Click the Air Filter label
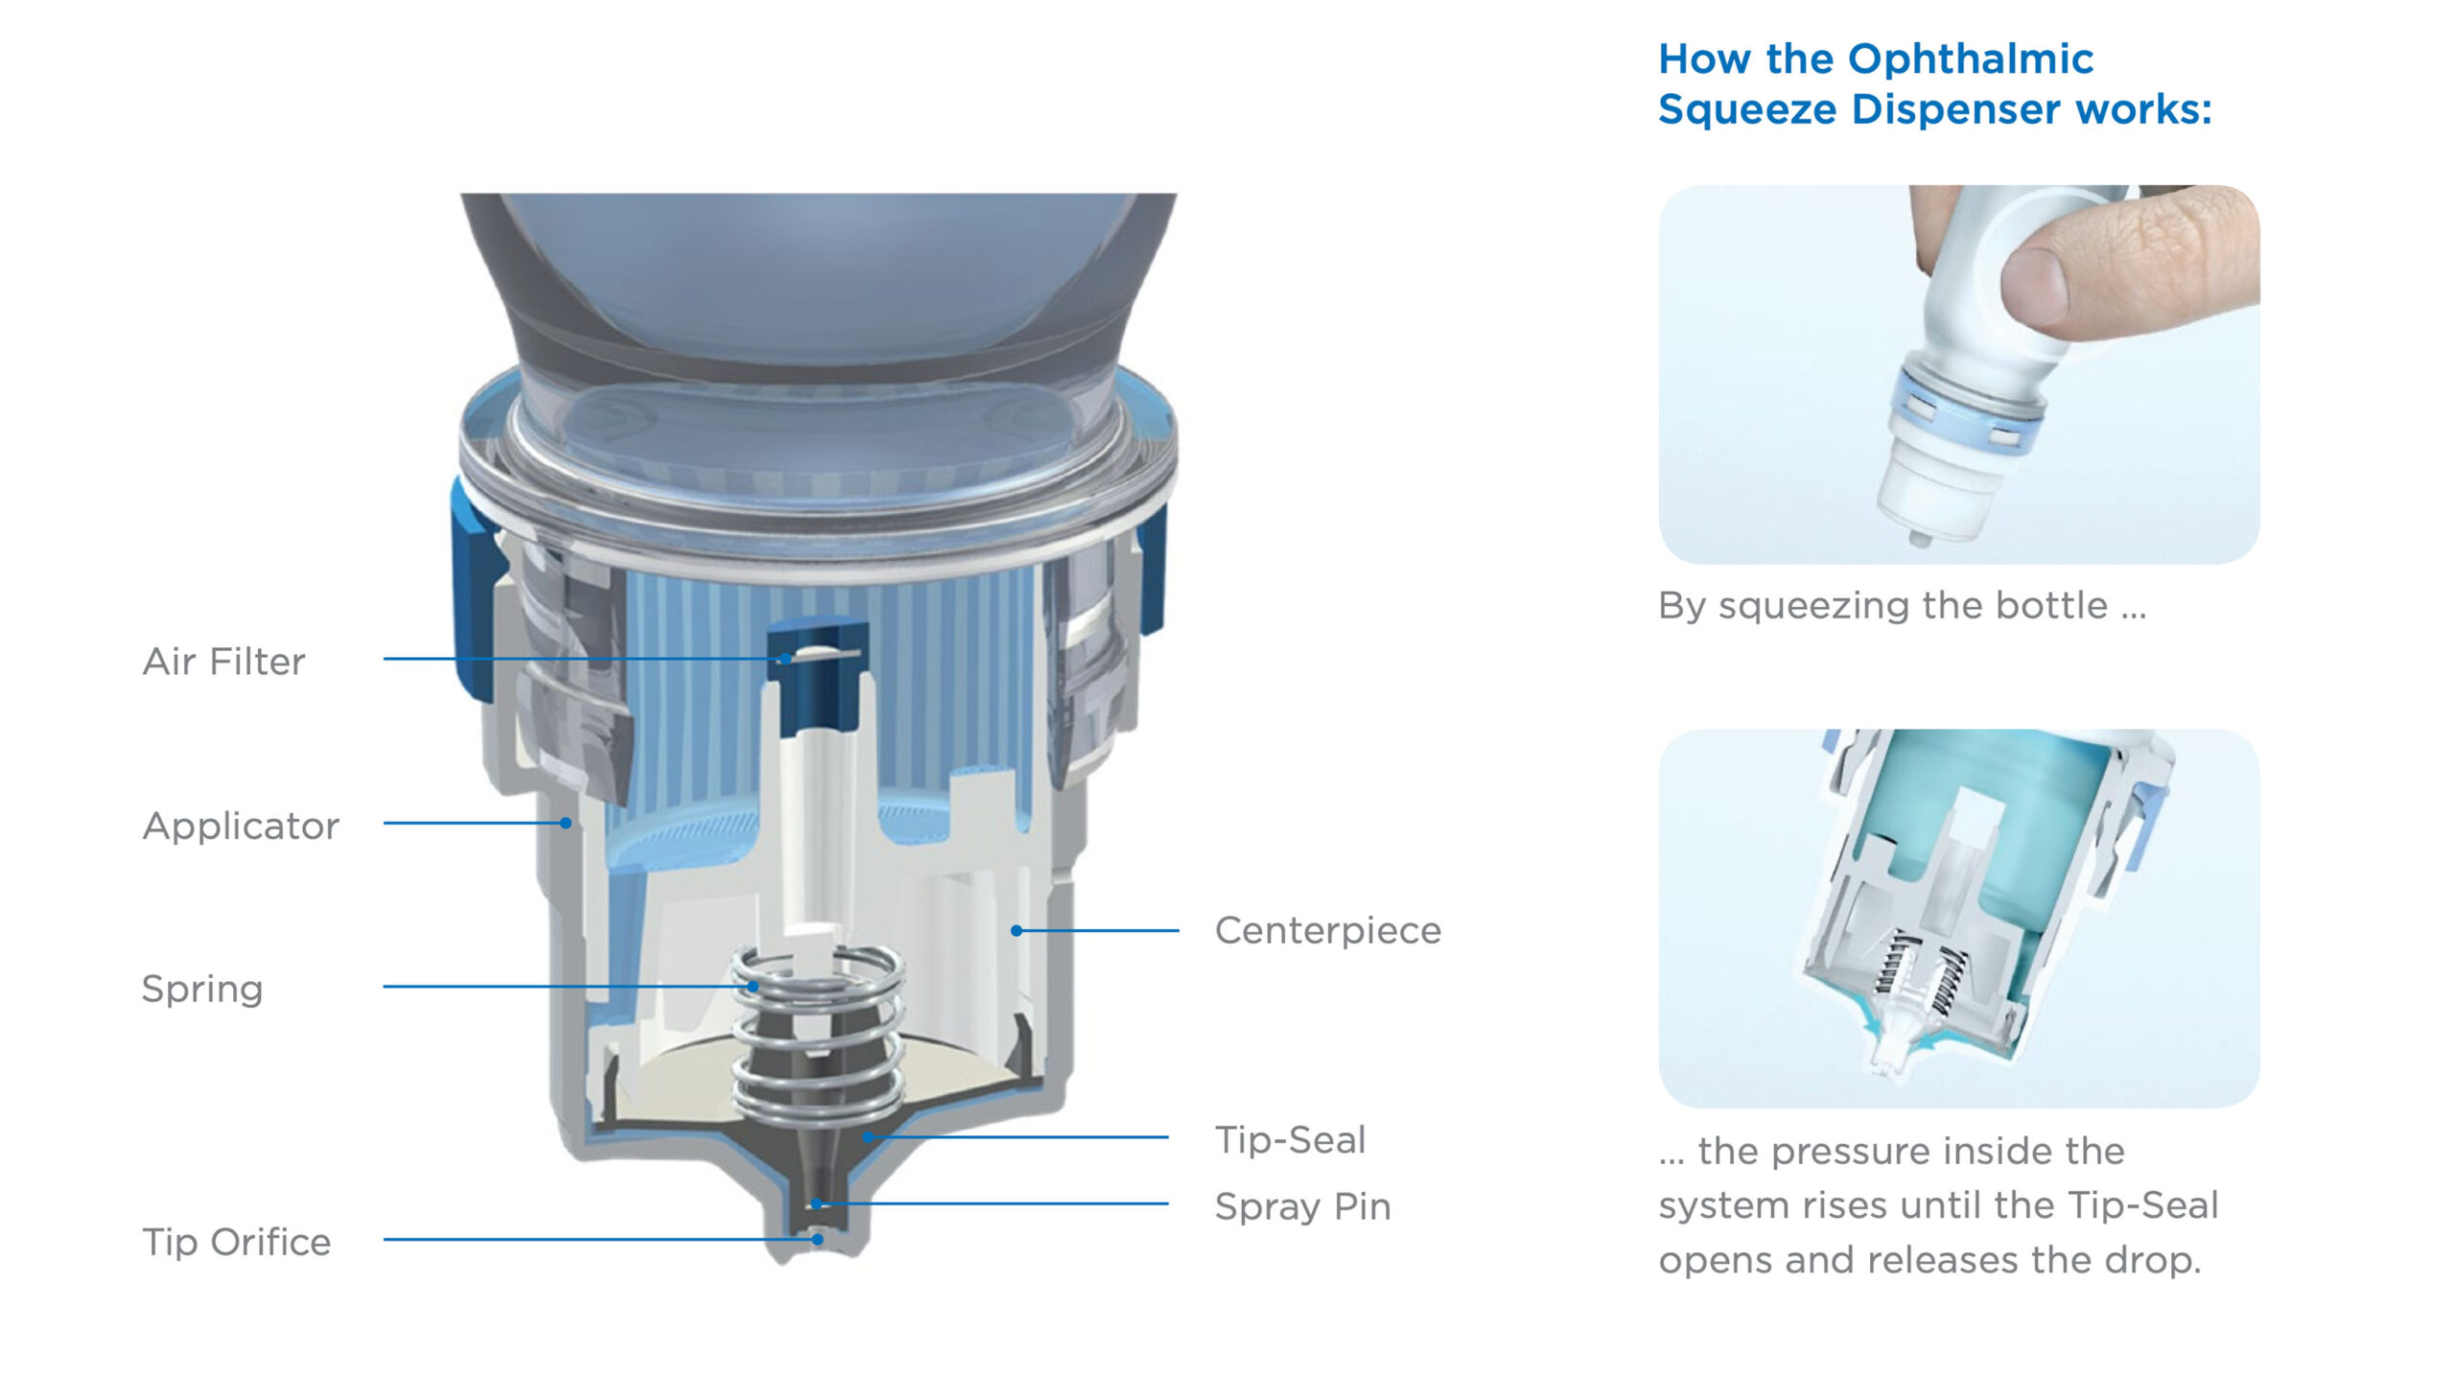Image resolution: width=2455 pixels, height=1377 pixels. point(223,661)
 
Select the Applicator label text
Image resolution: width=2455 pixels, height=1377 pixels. point(241,826)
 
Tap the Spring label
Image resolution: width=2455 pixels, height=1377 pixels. point(202,989)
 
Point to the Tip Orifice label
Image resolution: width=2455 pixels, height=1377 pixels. point(237,1242)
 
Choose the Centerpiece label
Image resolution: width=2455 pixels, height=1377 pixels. point(1328,930)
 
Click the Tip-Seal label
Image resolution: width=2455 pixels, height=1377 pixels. point(1291,1139)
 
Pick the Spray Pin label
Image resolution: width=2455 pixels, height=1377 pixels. point(1303,1206)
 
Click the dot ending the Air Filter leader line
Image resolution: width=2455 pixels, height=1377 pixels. point(784,659)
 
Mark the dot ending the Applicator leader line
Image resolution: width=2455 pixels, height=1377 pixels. point(566,823)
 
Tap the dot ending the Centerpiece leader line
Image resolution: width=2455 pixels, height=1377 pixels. point(1017,930)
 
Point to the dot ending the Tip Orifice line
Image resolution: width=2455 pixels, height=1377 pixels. point(817,1239)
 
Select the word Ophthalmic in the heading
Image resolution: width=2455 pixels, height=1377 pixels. point(1971,59)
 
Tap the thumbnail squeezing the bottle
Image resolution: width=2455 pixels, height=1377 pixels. point(1959,374)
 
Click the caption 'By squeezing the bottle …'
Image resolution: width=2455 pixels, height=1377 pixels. point(1903,606)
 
